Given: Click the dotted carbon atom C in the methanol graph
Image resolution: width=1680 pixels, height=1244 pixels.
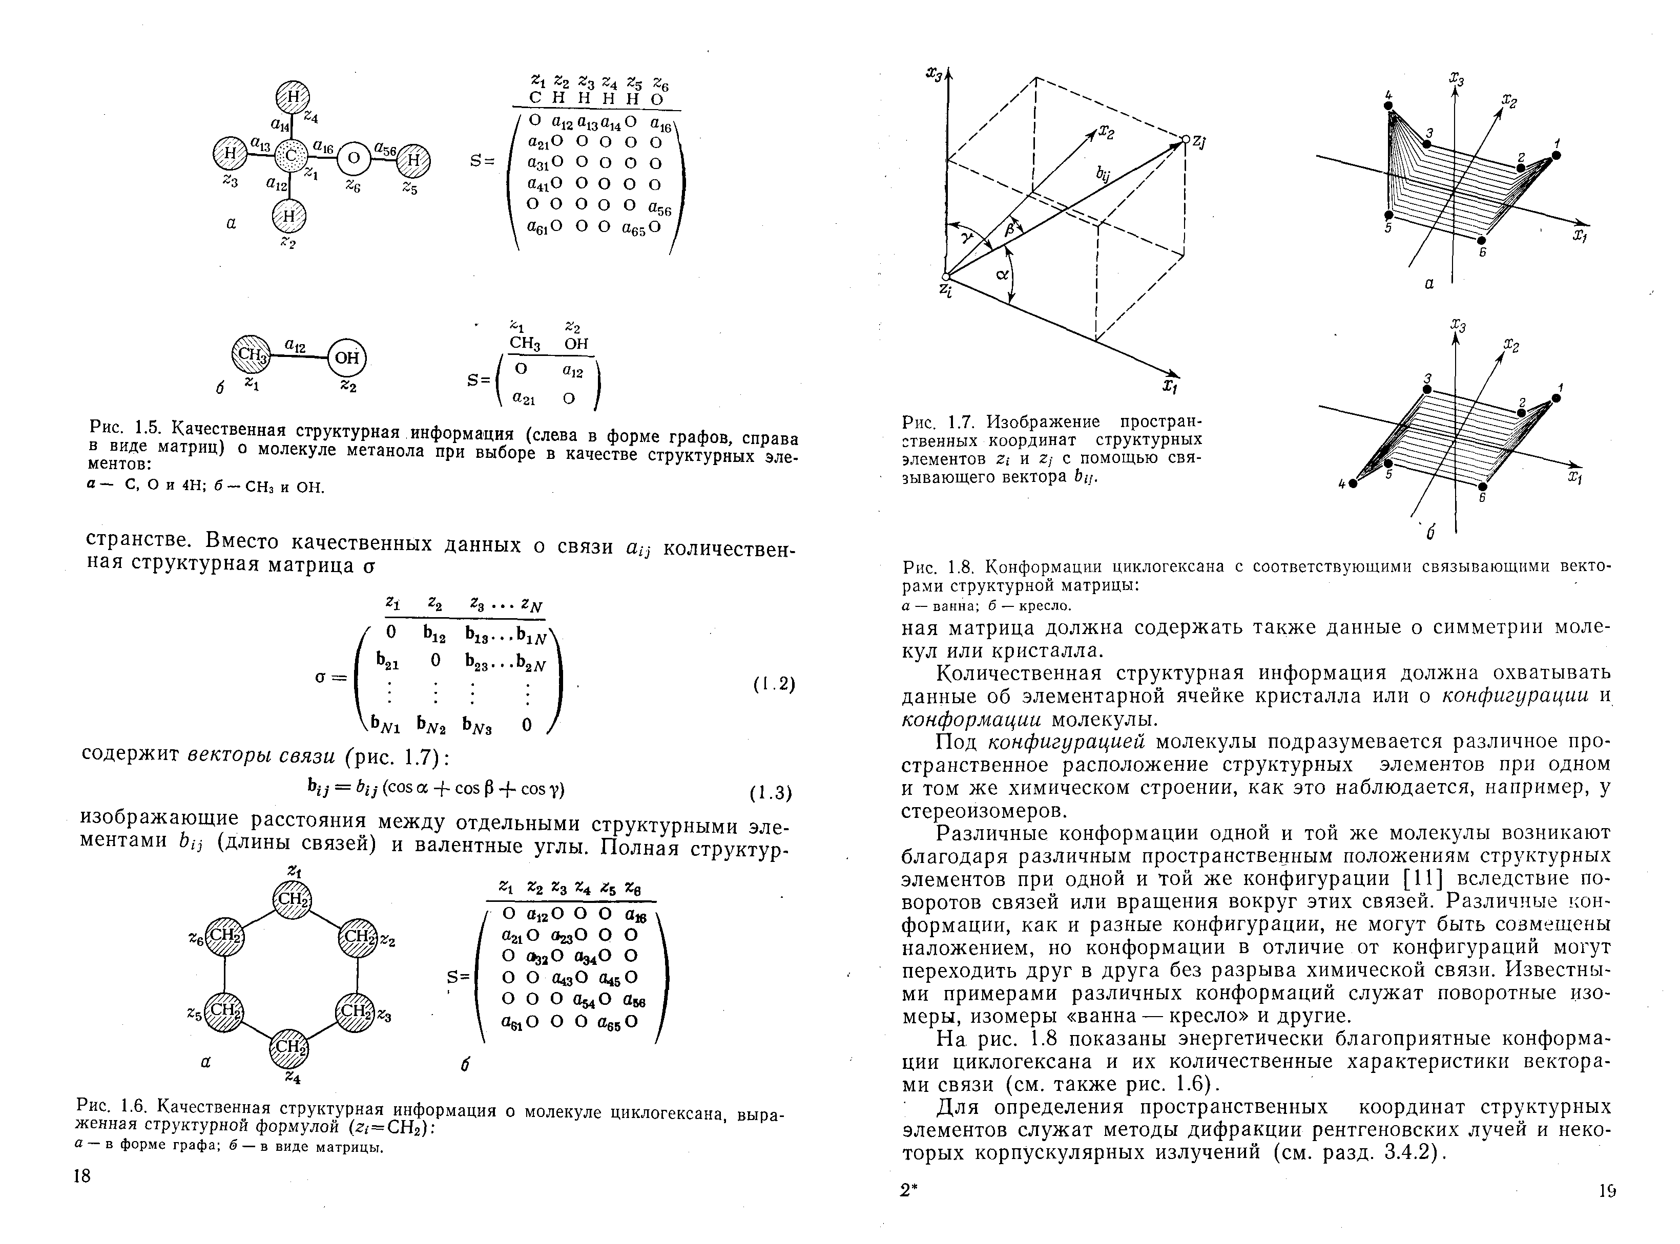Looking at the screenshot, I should click(290, 157).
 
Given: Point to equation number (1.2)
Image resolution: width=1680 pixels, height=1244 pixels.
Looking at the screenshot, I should click(774, 684).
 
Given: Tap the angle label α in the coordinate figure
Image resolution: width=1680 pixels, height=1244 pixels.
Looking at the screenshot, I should click(1002, 276).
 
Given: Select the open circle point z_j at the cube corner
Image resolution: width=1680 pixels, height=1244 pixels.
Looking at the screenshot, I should click(1185, 139).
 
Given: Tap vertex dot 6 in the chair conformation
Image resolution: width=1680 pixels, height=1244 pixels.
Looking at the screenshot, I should click(1483, 487).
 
